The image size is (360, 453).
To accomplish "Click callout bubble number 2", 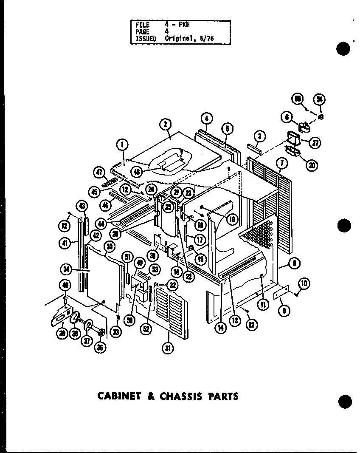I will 165,125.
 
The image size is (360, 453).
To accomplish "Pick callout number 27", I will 315,143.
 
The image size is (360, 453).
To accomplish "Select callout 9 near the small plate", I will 284,311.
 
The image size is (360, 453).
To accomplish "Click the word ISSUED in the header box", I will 146,38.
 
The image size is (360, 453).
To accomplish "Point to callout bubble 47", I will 99,173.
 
